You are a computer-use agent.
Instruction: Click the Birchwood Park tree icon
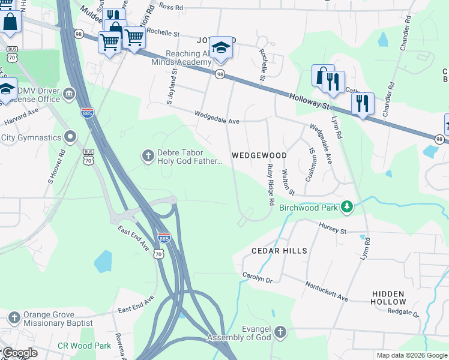pos(346,207)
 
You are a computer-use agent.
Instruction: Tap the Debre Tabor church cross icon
pos(148,157)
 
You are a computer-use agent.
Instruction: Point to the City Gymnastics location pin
pos(71,137)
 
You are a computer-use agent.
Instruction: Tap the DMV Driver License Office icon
pos(69,94)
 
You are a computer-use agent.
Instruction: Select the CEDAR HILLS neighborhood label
pos(279,251)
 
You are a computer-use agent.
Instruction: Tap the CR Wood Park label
pos(84,346)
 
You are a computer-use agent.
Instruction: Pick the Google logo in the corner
pos(20,353)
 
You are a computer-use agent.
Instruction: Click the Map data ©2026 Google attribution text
pos(411,355)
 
